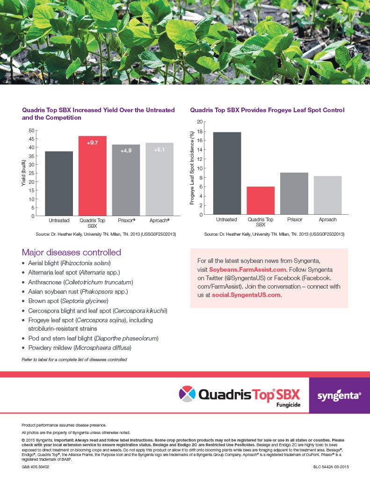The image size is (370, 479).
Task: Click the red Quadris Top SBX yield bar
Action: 93,175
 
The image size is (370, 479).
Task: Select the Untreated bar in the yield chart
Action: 59,183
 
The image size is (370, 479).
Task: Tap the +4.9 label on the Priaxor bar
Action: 126,151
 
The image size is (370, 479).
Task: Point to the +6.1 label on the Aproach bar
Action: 159,150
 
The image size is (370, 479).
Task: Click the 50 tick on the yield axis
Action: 31,131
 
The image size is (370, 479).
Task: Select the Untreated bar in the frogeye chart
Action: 227,173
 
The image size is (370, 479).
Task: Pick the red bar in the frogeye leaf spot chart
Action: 260,200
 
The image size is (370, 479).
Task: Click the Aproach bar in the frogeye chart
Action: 327,195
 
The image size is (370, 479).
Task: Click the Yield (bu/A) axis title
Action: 23,173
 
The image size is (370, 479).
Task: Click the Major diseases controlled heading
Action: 72,253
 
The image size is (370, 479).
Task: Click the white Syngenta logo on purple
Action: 339,396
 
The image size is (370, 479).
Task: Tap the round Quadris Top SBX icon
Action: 188,393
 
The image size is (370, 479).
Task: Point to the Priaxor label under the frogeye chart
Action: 294,219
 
